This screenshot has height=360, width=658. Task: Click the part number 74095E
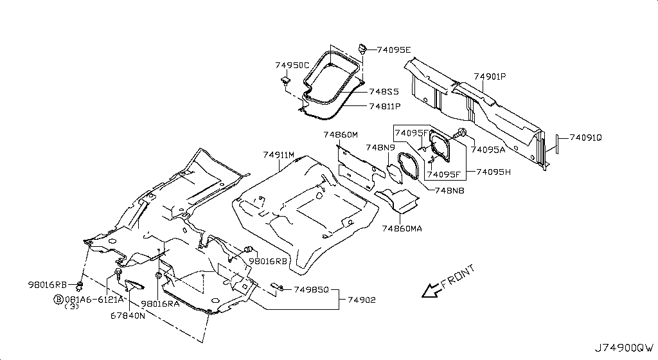click(394, 50)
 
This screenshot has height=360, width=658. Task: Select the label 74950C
click(292, 66)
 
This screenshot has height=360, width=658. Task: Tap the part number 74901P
click(490, 76)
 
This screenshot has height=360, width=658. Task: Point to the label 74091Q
click(585, 138)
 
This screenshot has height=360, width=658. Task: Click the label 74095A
click(488, 150)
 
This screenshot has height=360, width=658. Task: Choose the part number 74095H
click(493, 172)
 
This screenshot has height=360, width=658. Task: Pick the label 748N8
click(449, 190)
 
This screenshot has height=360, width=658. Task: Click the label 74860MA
click(402, 229)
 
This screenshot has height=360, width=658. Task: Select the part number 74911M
click(279, 155)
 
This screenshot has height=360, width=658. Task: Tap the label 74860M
click(341, 135)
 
